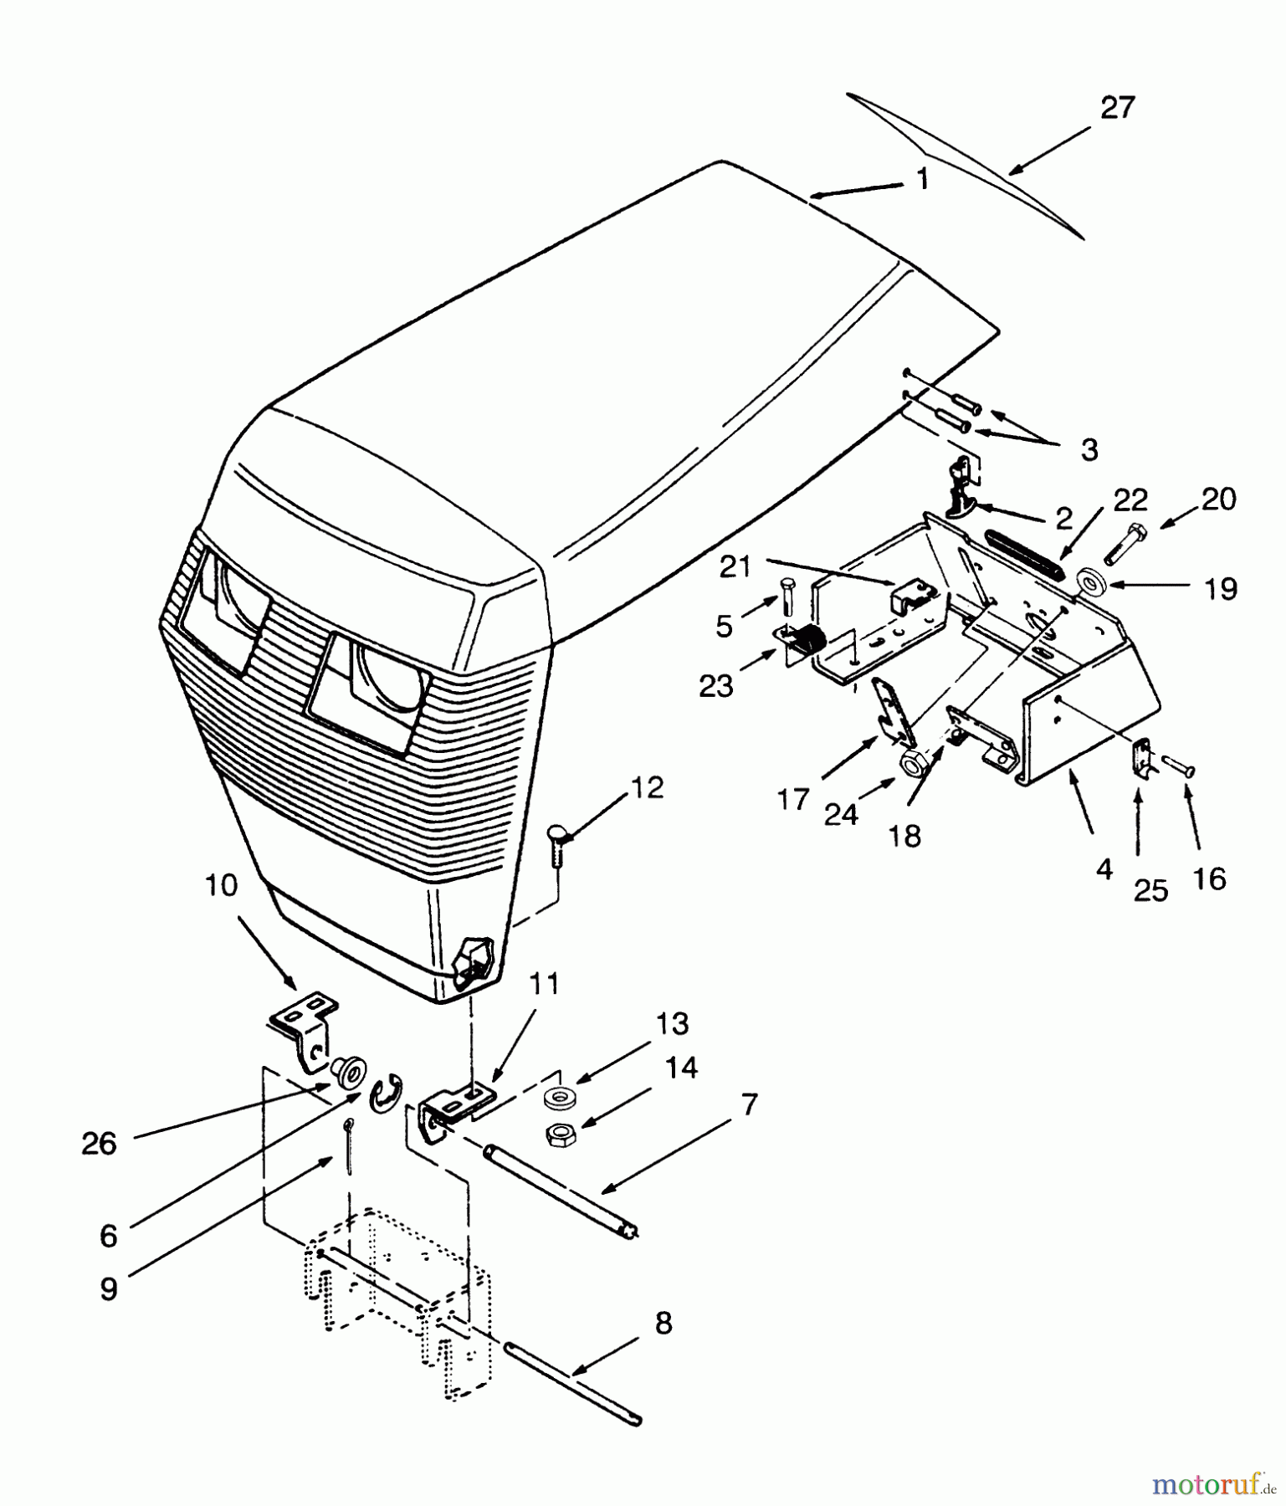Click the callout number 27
point(1117,108)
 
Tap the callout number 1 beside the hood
point(922,179)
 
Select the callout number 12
point(648,787)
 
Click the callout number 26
point(99,1144)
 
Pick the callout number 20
point(1218,499)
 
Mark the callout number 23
point(716,686)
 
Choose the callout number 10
point(221,886)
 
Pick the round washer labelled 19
point(1089,580)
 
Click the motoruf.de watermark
point(1215,1484)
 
